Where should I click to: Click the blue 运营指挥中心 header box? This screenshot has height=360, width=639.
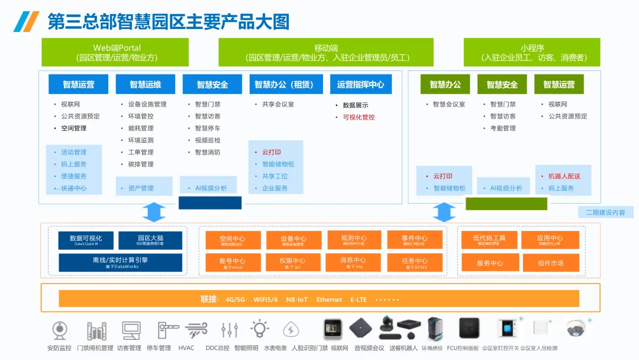[360, 84]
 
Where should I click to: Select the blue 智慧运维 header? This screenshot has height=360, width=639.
[146, 84]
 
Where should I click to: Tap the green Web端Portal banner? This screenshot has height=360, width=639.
[115, 52]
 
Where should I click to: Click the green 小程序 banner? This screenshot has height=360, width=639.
[532, 52]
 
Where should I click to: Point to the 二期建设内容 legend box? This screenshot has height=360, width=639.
[605, 212]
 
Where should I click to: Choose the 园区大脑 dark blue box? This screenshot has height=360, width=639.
[150, 240]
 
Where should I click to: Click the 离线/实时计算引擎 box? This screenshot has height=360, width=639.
[120, 262]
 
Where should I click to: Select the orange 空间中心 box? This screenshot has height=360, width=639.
[232, 240]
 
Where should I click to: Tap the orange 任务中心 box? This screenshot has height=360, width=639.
[414, 262]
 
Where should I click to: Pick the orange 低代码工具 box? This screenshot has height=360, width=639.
[489, 240]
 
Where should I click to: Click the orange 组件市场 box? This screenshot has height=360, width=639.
[550, 263]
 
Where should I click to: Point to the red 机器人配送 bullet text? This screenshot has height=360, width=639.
[564, 176]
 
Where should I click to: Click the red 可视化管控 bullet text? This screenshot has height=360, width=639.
[359, 117]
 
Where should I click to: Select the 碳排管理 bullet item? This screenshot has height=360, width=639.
[141, 164]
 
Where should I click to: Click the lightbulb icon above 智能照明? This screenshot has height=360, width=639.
[259, 329]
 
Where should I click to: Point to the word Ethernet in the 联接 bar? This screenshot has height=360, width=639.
[329, 300]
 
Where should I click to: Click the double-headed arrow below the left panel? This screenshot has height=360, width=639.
[154, 212]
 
